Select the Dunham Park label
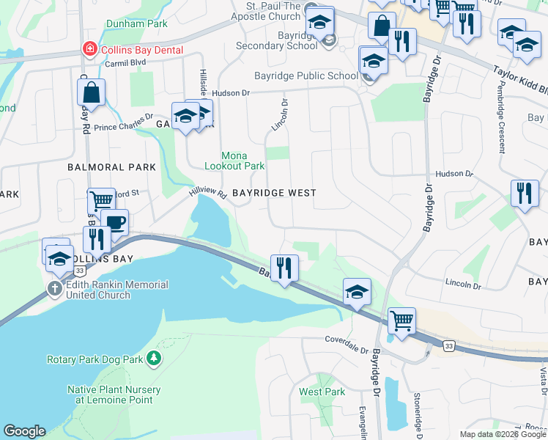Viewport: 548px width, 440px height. click(x=136, y=23)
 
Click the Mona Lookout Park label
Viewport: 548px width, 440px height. click(x=244, y=161)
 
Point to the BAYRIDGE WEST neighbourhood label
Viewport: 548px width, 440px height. click(x=274, y=193)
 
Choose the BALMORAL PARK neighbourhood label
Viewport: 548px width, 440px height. click(x=111, y=167)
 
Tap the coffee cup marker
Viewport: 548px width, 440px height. click(x=114, y=222)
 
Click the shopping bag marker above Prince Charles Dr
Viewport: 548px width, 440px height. click(x=92, y=92)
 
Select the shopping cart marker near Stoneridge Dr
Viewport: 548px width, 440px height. click(x=401, y=320)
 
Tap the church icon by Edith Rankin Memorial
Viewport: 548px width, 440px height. click(x=55, y=289)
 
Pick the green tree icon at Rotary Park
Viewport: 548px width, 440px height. click(x=153, y=359)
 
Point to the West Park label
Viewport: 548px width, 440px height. click(x=322, y=392)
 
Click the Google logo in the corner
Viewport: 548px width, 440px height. click(x=24, y=431)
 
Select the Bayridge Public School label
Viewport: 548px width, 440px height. click(x=306, y=76)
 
